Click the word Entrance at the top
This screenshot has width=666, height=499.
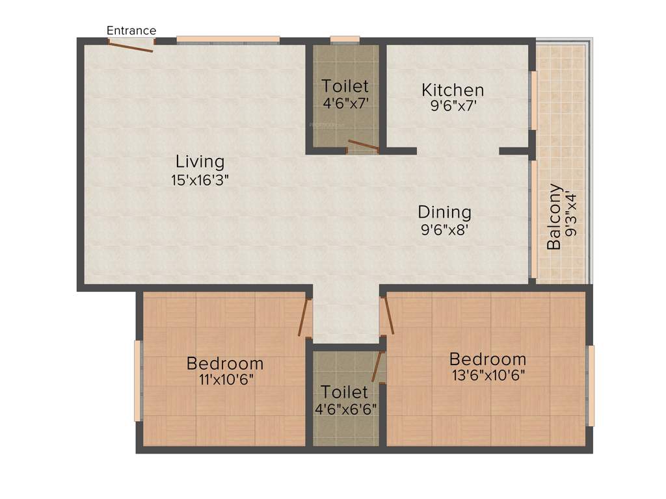pos(131,31)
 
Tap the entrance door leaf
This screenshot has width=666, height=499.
pos(131,46)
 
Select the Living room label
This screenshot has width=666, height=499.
pos(200,161)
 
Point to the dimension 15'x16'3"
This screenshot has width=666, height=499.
pos(200,180)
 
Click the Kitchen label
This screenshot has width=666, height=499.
pos(453,90)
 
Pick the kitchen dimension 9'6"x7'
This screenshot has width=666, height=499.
pos(454,106)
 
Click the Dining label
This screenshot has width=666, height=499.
pos(444,212)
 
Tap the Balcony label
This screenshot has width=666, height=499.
pos(554,217)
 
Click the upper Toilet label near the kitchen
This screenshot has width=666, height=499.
pos(345,86)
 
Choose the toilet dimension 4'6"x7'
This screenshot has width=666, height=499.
pos(345,103)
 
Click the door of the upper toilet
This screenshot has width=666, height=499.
pos(363,146)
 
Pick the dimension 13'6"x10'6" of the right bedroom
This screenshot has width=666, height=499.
pos(488,375)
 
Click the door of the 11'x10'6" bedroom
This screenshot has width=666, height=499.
pos(303,317)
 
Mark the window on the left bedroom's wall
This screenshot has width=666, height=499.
pos(138,381)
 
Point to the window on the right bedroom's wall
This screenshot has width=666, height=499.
pos(591,385)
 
